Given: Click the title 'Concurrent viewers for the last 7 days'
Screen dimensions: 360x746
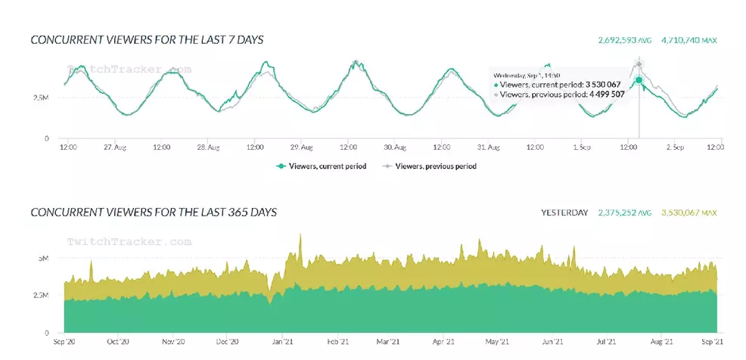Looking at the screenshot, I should [x=147, y=39].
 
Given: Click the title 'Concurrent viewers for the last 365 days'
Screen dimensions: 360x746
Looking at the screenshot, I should [x=154, y=213].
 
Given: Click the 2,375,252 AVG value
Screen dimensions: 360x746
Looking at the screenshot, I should [x=625, y=213].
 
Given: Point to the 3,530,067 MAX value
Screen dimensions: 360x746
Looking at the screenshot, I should [x=688, y=213].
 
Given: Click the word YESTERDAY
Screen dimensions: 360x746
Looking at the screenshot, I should [x=564, y=213].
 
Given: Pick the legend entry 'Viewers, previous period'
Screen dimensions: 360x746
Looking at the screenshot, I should [x=430, y=166].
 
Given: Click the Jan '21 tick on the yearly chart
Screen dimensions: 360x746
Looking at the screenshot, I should [x=282, y=341].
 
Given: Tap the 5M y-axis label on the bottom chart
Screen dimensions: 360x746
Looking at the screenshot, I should [x=44, y=258].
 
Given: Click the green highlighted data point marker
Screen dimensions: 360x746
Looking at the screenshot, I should [x=639, y=79].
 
